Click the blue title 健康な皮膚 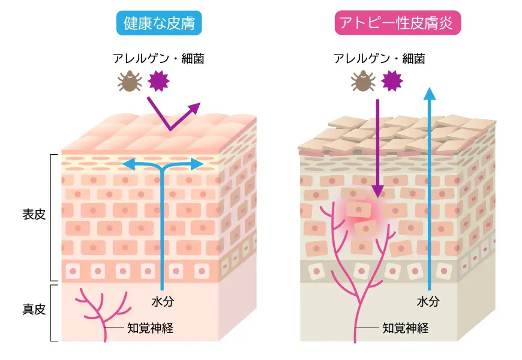click(159, 23)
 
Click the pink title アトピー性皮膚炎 click(397, 23)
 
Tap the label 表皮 click(34, 214)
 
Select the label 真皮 click(34, 310)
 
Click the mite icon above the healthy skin click(130, 81)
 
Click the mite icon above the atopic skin click(363, 81)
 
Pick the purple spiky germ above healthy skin click(159, 81)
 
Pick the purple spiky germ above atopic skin click(392, 81)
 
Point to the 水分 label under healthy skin click(163, 301)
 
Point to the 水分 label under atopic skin click(428, 301)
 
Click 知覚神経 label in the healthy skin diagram click(150, 328)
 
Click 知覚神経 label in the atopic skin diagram click(406, 328)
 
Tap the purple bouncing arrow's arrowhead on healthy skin click(194, 109)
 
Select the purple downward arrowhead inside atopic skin click(377, 191)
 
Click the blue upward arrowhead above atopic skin click(430, 94)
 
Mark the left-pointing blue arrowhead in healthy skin click(128, 164)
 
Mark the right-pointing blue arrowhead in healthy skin click(197, 164)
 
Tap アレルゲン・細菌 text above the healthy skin click(158, 59)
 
